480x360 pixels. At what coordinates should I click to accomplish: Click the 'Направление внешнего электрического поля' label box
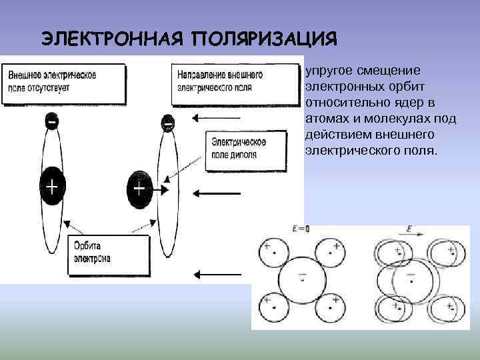[x=235, y=83]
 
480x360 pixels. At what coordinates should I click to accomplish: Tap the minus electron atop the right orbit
[x=168, y=124]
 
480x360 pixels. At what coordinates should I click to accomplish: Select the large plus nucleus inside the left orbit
[x=51, y=187]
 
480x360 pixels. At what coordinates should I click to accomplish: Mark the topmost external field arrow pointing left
[x=211, y=119]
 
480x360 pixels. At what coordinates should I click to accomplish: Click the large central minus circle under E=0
[x=302, y=278]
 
